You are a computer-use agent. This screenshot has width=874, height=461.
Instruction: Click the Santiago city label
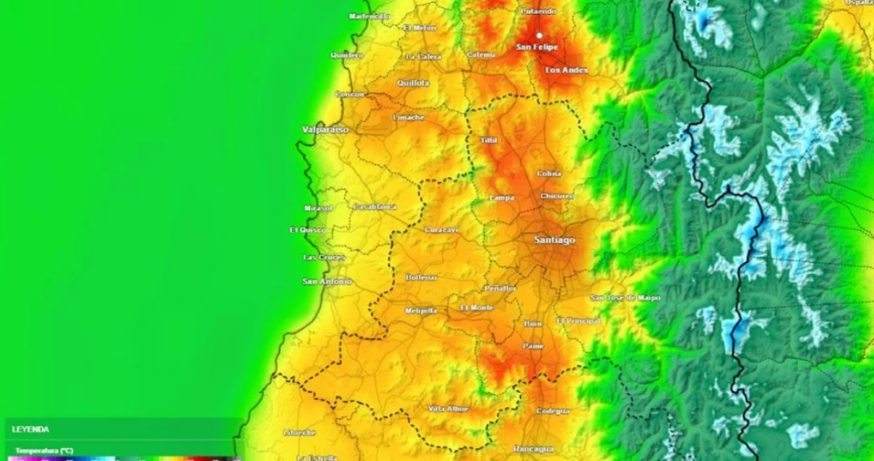(554, 240)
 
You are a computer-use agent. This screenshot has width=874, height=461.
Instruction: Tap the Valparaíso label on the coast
(325, 130)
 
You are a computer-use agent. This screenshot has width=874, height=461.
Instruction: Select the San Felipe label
(537, 47)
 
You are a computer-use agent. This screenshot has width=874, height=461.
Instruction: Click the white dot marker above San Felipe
(540, 35)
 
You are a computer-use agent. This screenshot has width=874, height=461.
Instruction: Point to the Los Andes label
(566, 70)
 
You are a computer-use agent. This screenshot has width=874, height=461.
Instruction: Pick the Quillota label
(413, 83)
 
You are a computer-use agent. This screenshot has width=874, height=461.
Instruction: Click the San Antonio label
(326, 281)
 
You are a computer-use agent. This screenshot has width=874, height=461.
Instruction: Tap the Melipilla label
(421, 311)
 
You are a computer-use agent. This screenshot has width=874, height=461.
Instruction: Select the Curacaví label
(441, 230)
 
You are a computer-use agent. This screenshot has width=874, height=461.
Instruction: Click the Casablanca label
(374, 207)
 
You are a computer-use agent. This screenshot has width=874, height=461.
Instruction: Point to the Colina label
(549, 173)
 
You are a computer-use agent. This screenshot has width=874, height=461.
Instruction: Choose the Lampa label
(501, 197)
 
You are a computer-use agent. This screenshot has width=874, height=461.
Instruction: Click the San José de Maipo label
(625, 298)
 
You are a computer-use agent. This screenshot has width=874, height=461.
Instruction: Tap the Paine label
(533, 346)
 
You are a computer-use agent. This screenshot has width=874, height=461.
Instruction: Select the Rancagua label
(533, 449)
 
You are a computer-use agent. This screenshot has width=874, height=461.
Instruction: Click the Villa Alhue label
(449, 409)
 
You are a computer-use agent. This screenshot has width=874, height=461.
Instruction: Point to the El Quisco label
(307, 230)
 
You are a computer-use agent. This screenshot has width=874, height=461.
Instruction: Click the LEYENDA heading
(31, 430)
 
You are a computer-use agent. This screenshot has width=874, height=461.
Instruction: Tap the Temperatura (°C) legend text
(44, 451)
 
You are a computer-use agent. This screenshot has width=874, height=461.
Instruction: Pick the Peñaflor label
(500, 289)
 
